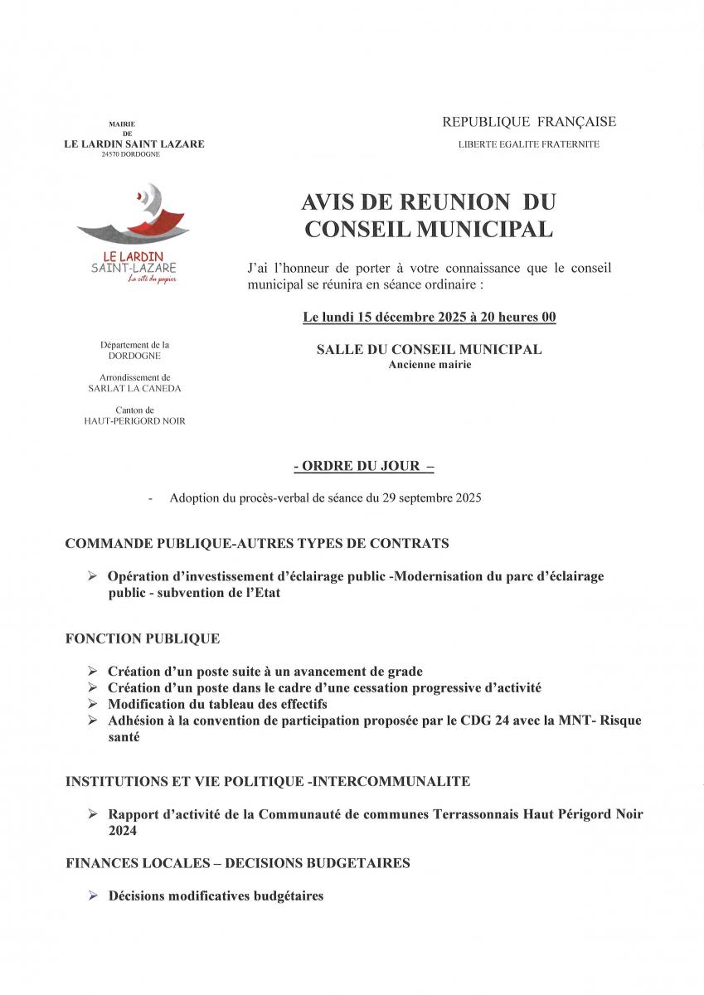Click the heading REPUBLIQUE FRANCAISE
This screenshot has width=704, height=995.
tap(529, 122)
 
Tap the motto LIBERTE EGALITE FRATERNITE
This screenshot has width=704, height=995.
tap(529, 144)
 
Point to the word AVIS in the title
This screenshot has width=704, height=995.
tap(329, 202)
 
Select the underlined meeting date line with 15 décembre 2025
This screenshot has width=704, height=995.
tap(429, 317)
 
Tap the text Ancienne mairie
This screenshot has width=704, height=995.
tap(429, 365)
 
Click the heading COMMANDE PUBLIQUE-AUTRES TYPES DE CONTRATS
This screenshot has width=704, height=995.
tap(257, 544)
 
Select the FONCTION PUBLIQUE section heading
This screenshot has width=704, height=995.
tap(143, 638)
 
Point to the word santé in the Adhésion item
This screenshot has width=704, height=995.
tap(124, 736)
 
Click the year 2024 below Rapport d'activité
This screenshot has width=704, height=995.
tap(123, 830)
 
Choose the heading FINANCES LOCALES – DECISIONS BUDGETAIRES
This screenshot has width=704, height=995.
tap(237, 863)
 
